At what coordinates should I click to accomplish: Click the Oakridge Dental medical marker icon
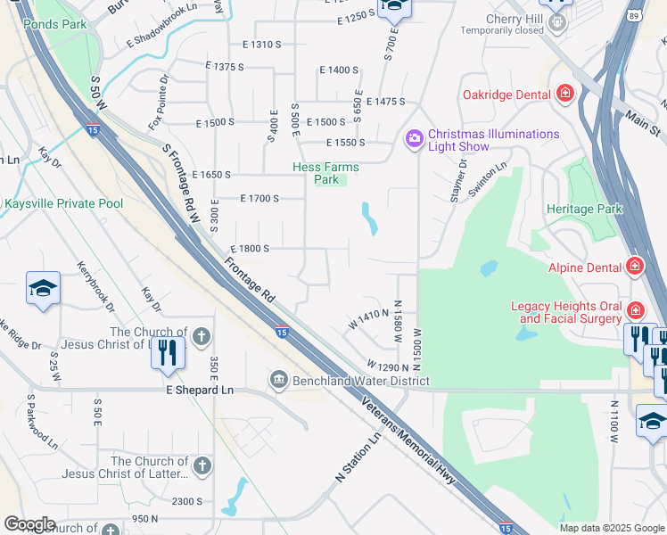(x=564, y=94)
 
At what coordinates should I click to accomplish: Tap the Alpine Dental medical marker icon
(x=634, y=266)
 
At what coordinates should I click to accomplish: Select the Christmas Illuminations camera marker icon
(x=414, y=137)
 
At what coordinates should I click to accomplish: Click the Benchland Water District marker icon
(x=279, y=382)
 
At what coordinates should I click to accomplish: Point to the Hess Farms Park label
(x=325, y=173)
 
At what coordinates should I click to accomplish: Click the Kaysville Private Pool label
(x=63, y=203)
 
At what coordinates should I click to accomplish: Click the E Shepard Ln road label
(x=200, y=390)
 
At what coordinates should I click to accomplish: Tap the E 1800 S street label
(x=250, y=249)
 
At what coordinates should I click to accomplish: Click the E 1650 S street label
(x=210, y=175)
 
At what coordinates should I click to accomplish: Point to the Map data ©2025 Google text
(x=610, y=528)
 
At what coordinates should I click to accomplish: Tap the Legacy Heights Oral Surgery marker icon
(x=635, y=310)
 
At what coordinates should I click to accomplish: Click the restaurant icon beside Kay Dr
(x=168, y=352)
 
